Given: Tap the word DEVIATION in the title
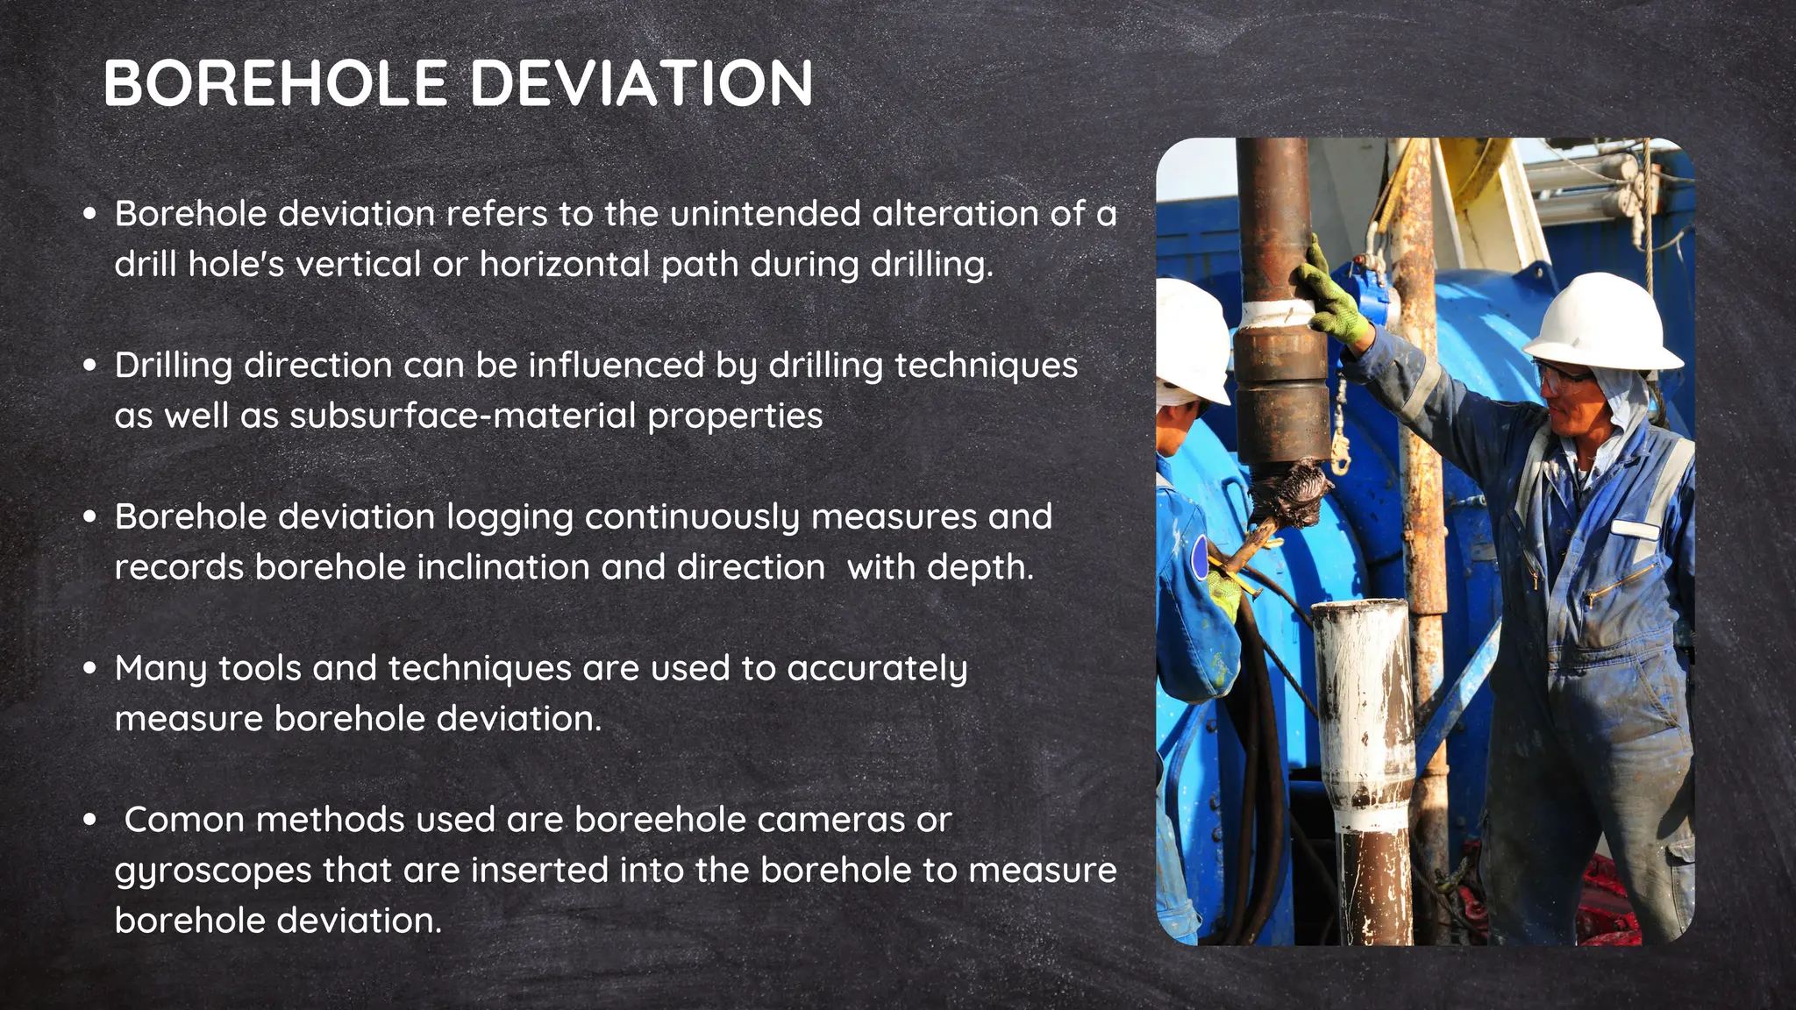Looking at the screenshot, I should click(642, 84).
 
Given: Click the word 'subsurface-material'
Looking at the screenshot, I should click(462, 416).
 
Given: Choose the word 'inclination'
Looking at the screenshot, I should click(502, 567).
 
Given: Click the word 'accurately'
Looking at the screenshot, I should click(877, 669).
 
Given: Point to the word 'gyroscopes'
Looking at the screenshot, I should click(213, 871).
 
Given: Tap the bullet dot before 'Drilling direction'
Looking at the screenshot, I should click(89, 365).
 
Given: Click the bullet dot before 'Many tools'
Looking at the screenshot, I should click(89, 668).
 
